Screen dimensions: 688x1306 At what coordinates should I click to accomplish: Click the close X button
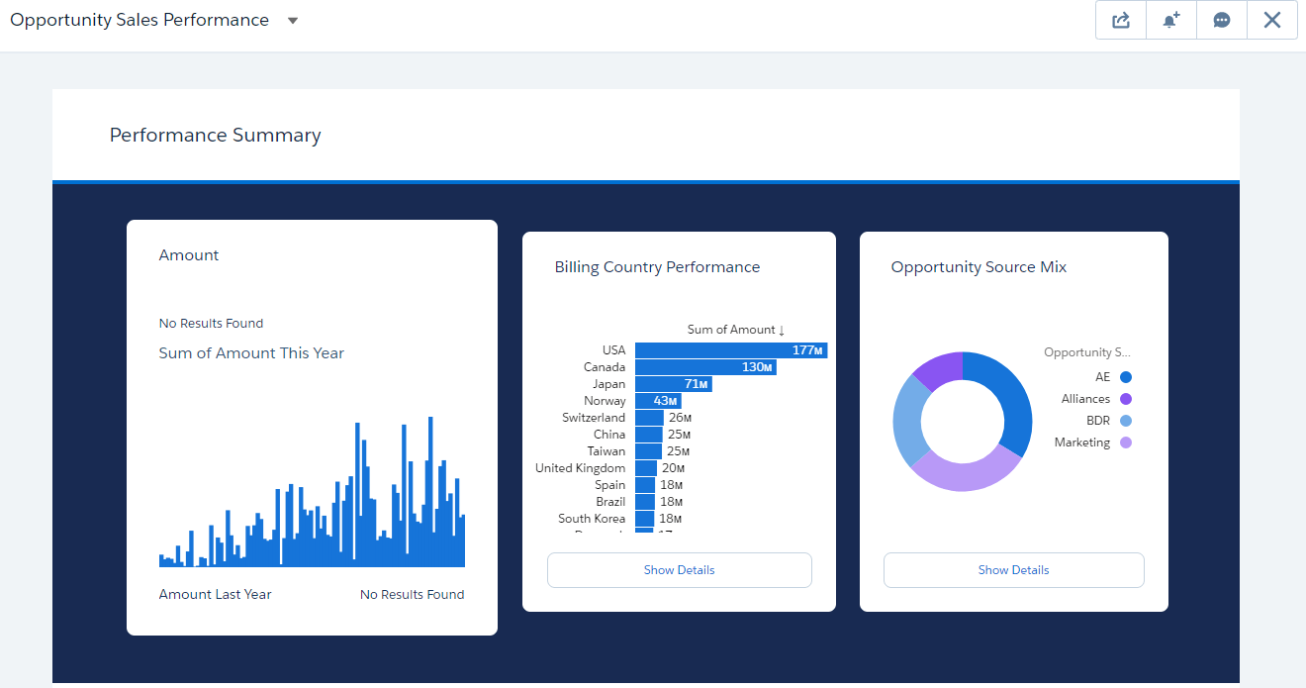click(x=1272, y=20)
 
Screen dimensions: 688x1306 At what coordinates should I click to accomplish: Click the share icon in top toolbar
click(x=1121, y=20)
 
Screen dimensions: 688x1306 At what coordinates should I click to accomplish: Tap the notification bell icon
click(x=1171, y=20)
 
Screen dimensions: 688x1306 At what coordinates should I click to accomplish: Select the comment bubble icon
click(x=1222, y=20)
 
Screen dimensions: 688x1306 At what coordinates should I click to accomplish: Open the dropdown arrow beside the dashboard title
click(x=293, y=21)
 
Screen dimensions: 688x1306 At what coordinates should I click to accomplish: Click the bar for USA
click(x=730, y=350)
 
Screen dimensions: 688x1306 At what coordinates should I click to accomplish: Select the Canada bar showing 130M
click(x=704, y=367)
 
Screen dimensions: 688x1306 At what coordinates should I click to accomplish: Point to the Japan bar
click(x=673, y=384)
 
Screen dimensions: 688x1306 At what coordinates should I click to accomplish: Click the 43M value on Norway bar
click(x=665, y=401)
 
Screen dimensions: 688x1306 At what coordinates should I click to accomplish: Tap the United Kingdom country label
click(x=581, y=468)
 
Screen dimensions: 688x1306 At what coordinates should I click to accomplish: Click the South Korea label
click(x=592, y=519)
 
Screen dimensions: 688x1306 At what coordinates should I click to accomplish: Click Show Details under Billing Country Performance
click(x=679, y=570)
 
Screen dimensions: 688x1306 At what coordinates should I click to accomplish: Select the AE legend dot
click(x=1126, y=377)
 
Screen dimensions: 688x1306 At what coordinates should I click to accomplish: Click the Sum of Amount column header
click(x=735, y=330)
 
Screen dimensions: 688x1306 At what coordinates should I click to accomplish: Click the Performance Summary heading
click(x=215, y=136)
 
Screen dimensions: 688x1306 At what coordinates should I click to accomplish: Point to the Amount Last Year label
click(x=215, y=595)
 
